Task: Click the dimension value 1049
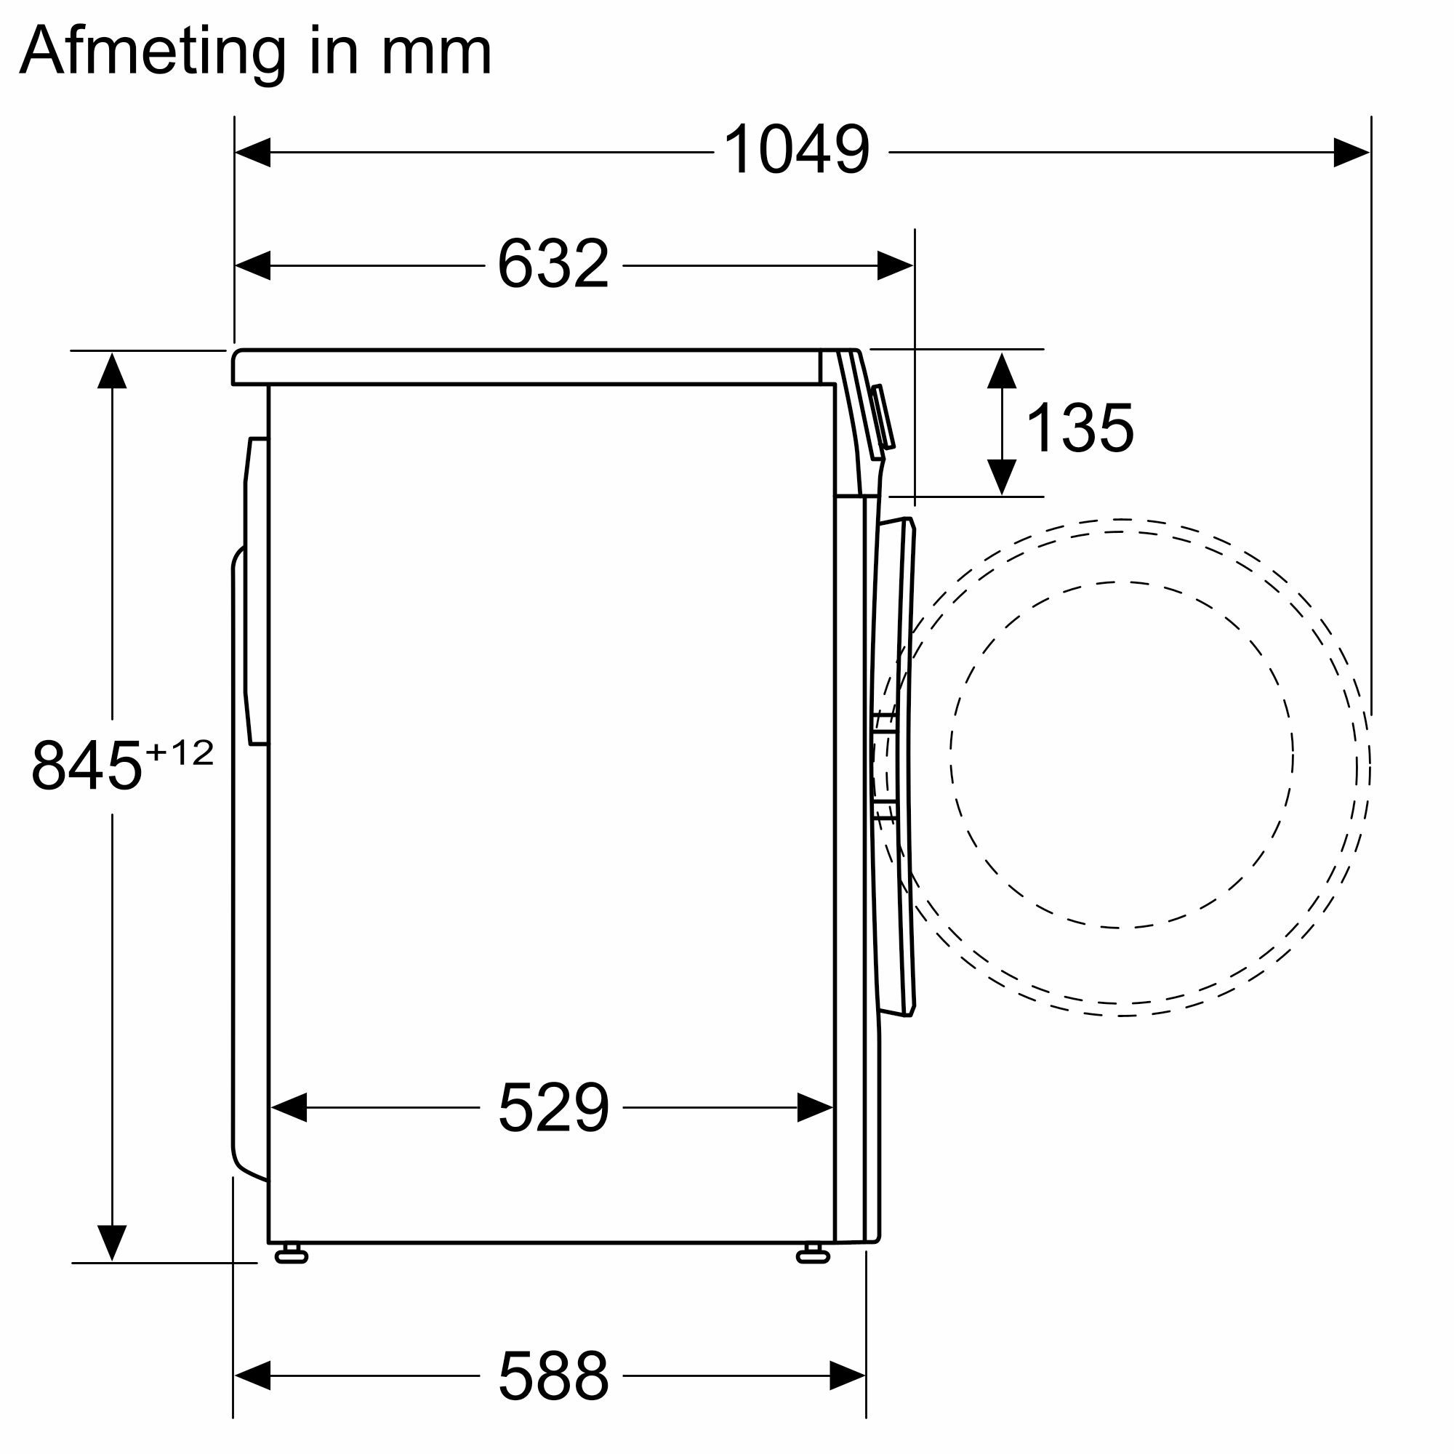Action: point(796,150)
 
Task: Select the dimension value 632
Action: point(553,264)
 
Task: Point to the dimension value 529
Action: point(553,1107)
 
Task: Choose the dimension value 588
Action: point(553,1375)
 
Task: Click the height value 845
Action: point(87,766)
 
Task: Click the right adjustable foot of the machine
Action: point(812,1253)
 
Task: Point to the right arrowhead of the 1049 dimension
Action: point(1351,152)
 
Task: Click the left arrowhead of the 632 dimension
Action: point(254,265)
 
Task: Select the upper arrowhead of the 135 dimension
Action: point(1002,369)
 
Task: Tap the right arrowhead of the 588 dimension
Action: point(848,1375)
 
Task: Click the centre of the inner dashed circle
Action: point(1120,755)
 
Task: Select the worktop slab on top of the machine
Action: point(527,367)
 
